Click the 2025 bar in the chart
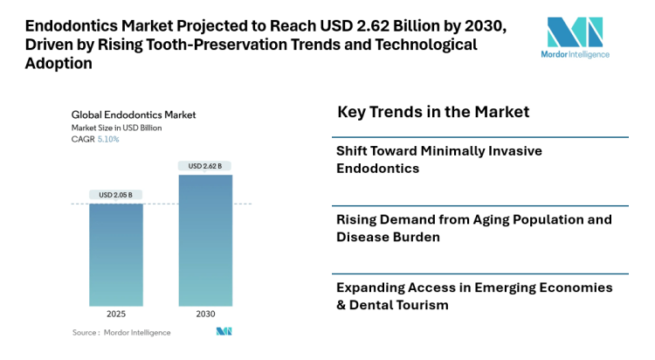(x=116, y=255)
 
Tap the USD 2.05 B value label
(x=116, y=194)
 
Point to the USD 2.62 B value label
(x=206, y=165)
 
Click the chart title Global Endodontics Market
(x=133, y=114)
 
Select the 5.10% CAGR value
(x=108, y=139)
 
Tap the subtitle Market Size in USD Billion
(x=116, y=128)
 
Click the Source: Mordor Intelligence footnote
(x=121, y=332)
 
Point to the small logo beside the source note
(x=224, y=331)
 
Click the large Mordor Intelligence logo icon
(x=575, y=32)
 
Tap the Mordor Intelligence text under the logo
(x=575, y=55)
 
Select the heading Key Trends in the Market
(x=433, y=113)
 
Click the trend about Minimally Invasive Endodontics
(x=439, y=159)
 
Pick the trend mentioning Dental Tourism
(x=474, y=295)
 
